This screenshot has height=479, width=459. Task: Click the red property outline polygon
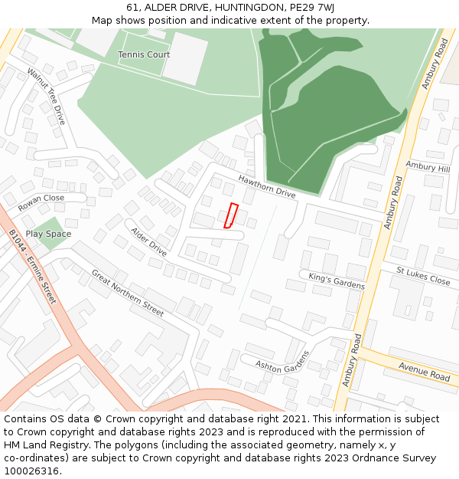231,216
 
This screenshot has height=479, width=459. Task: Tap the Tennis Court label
144,55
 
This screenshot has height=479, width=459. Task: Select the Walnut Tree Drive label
47,97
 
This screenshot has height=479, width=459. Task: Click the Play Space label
48,234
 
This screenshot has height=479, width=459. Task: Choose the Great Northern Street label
128,293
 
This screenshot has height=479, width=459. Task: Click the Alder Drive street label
148,241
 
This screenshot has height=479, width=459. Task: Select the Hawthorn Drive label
266,186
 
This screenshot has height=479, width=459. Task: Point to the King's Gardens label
337,281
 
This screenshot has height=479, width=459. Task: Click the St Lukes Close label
423,275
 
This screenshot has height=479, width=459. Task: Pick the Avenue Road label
424,372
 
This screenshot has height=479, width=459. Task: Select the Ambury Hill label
428,167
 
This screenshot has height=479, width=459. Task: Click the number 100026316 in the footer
31,471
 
